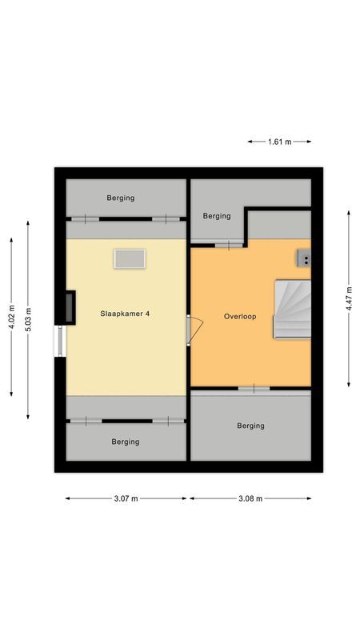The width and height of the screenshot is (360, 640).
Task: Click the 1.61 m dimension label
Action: tap(279, 142)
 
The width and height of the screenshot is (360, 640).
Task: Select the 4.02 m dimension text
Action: tap(11, 315)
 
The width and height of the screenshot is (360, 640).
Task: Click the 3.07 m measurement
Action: tap(126, 498)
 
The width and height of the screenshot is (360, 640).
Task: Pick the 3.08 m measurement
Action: tap(251, 498)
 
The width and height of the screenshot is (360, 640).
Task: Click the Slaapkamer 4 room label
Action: tap(125, 314)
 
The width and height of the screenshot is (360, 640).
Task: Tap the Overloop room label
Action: tap(240, 317)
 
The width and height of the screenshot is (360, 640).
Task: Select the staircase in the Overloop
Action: tap(292, 309)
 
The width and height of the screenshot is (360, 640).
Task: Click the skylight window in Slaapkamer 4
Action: tap(130, 258)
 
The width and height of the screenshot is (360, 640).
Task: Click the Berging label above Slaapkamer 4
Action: tap(121, 198)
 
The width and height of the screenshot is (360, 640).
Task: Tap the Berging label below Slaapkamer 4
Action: tap(126, 442)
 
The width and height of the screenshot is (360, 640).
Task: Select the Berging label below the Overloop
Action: tap(250, 426)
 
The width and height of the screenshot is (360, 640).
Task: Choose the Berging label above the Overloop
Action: tap(216, 216)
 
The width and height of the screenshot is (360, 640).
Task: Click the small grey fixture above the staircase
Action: tap(304, 258)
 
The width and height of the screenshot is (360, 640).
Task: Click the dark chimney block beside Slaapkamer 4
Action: tap(70, 306)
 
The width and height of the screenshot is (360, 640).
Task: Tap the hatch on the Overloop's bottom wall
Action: tap(254, 389)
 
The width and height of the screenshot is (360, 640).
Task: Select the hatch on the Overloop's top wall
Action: tap(229, 244)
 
